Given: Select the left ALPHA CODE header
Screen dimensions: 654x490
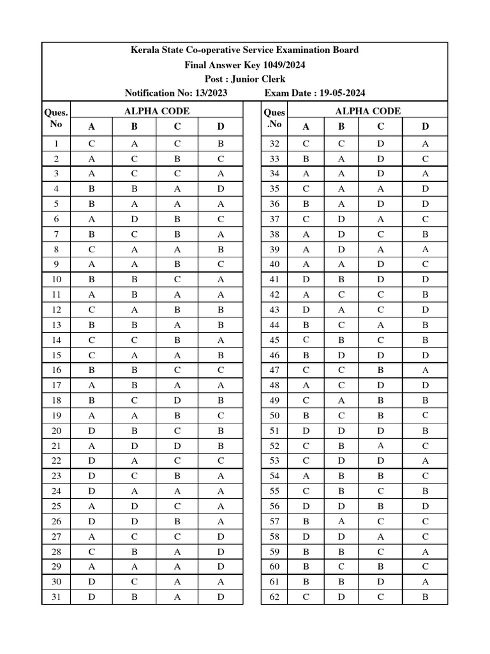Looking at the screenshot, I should point(156,111).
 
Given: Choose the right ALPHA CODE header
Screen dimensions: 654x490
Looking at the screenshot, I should point(368,111).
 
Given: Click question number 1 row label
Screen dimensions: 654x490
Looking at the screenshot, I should point(56,144).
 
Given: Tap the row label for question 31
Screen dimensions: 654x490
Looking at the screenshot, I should point(56,597).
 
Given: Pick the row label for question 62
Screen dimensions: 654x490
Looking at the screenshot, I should point(275,597).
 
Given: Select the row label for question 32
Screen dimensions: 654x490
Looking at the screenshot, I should point(275,144).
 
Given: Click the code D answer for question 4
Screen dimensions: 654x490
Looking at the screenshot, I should point(220,189).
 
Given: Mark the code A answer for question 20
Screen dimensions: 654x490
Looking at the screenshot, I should point(91,430).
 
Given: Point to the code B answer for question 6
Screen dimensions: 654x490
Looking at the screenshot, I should point(134,219).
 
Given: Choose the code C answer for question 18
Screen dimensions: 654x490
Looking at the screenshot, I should point(177,400).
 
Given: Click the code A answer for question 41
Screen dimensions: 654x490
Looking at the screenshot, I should point(306,280).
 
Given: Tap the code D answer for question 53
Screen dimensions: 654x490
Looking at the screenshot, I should point(426,460).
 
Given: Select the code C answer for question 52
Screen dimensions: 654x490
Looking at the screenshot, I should point(381,446).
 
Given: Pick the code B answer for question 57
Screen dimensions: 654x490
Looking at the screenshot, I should point(341,521).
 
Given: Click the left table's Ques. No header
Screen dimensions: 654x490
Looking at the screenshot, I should point(56,118).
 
